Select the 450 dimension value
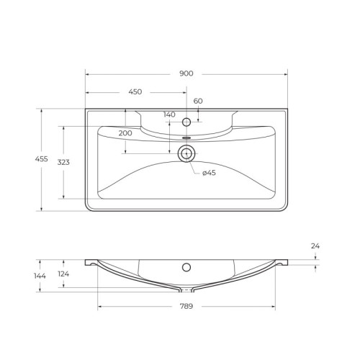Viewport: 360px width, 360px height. [x=135, y=92]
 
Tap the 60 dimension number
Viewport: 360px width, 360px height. [x=197, y=102]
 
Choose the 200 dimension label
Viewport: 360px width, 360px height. [x=125, y=133]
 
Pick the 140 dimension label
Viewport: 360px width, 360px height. [x=169, y=115]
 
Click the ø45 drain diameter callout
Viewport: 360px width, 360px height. [x=210, y=173]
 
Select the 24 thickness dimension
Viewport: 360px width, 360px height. [x=315, y=246]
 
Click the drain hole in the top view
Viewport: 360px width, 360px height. [x=186, y=152]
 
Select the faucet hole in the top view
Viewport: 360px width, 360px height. [x=186, y=121]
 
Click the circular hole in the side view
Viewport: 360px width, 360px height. [x=186, y=268]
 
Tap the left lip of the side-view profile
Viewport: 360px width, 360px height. [x=89, y=262]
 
